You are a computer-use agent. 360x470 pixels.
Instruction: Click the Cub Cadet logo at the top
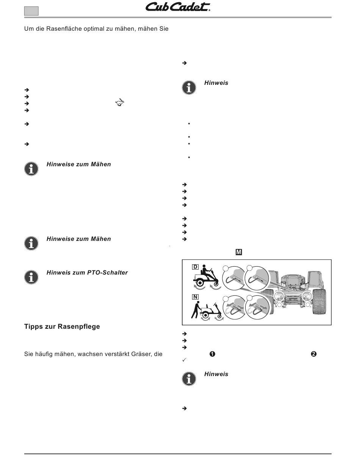click(x=178, y=7)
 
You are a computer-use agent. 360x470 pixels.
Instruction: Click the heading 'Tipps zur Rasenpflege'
click(x=62, y=326)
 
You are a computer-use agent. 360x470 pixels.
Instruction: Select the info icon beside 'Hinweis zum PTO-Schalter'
click(x=31, y=277)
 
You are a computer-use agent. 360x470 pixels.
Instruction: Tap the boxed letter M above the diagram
click(x=239, y=252)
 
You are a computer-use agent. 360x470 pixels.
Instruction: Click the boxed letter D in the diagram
click(x=195, y=267)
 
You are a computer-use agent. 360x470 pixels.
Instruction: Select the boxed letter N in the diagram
click(x=195, y=297)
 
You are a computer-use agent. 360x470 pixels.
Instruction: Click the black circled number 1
click(x=212, y=354)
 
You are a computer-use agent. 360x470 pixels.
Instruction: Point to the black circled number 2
click(x=314, y=354)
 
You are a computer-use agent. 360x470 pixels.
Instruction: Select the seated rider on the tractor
click(x=208, y=272)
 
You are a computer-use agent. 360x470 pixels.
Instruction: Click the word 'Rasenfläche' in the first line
click(x=64, y=29)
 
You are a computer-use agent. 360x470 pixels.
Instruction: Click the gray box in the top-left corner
click(x=31, y=11)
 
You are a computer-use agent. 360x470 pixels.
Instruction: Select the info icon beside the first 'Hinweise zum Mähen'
click(x=31, y=169)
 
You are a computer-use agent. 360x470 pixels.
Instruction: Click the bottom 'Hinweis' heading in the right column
click(x=216, y=374)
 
